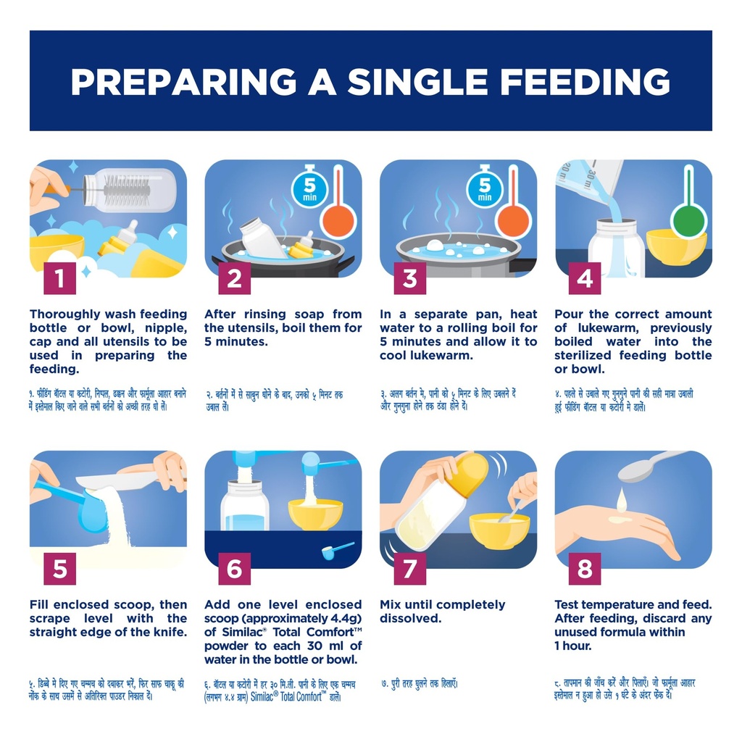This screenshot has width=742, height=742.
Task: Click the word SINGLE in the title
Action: pyautogui.click(x=418, y=81)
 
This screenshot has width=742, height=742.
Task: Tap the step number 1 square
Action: pyautogui.click(x=59, y=278)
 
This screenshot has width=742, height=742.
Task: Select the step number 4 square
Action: pyautogui.click(x=585, y=278)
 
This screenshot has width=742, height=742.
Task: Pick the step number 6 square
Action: pyautogui.click(x=235, y=569)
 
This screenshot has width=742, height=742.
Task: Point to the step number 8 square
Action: pyautogui.click(x=585, y=569)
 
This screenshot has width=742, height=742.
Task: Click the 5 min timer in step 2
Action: pyautogui.click(x=309, y=188)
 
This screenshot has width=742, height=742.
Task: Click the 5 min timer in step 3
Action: pyautogui.click(x=485, y=188)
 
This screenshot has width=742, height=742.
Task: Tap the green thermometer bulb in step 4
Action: pyautogui.click(x=688, y=221)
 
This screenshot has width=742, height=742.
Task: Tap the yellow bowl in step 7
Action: pyautogui.click(x=499, y=531)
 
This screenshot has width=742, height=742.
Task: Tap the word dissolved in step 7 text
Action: pyautogui.click(x=410, y=619)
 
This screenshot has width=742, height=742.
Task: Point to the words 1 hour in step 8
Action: pyautogui.click(x=572, y=646)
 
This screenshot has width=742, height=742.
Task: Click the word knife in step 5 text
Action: pyautogui.click(x=169, y=632)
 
